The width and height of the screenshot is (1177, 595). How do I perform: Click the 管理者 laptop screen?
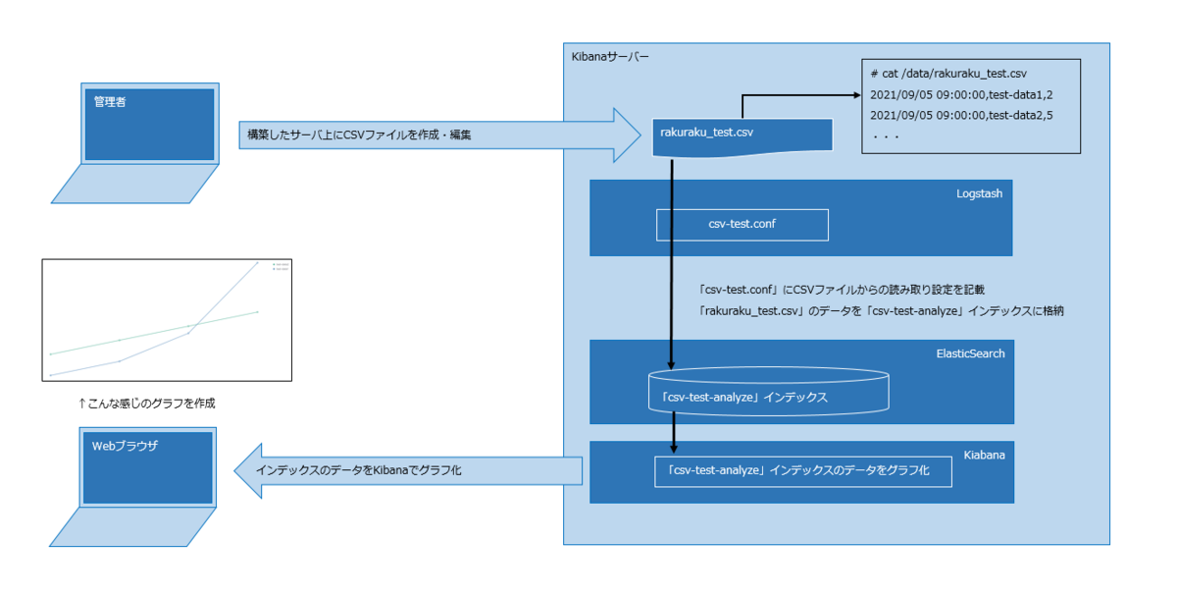click(x=149, y=125)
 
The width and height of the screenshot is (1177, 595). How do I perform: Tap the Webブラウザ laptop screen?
click(x=149, y=467)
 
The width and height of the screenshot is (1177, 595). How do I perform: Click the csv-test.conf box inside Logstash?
click(x=742, y=225)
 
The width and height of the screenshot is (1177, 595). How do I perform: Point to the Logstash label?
click(x=979, y=194)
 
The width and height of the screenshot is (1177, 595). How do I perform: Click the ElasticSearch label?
click(x=970, y=353)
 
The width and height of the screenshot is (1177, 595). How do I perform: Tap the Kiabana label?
click(x=984, y=456)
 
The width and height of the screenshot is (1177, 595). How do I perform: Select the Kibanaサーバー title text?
click(x=609, y=57)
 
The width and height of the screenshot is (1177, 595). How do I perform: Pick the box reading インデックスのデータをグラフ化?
click(x=803, y=471)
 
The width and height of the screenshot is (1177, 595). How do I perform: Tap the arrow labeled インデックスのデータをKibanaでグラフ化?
click(x=408, y=471)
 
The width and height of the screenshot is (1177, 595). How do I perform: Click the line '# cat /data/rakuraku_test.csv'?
click(x=947, y=74)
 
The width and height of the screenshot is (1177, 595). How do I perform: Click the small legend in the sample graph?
click(x=281, y=266)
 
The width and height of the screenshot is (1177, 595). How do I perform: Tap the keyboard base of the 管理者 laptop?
click(x=135, y=185)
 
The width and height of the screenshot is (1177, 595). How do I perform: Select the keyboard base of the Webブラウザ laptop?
click(x=135, y=527)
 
